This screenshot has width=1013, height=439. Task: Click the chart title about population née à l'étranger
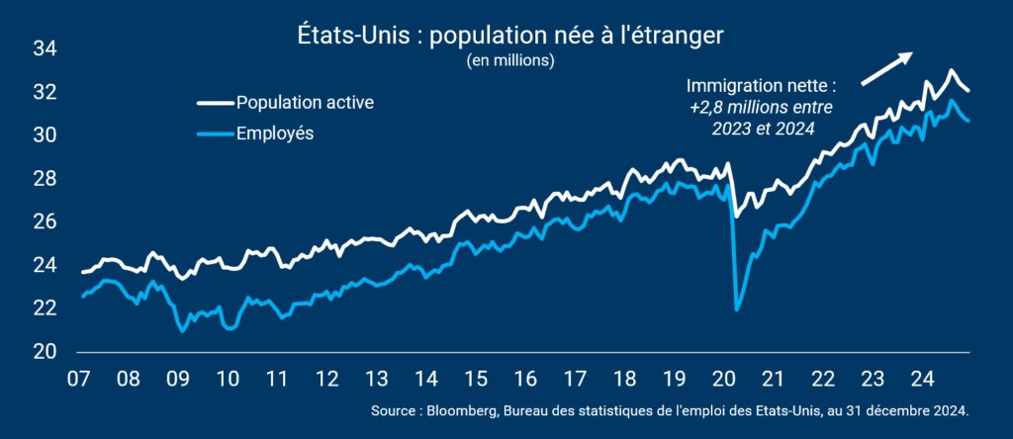[x=510, y=37]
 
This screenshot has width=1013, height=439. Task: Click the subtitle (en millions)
[x=510, y=61]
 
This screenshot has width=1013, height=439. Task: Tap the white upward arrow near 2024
[x=886, y=68]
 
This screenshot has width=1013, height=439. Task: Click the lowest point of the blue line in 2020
[x=737, y=310]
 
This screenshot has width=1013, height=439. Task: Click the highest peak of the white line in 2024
[x=951, y=70]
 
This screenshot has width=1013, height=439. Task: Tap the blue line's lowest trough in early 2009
[x=183, y=331]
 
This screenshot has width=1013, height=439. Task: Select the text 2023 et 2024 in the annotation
[x=763, y=128]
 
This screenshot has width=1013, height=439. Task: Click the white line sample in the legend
[x=214, y=103]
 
